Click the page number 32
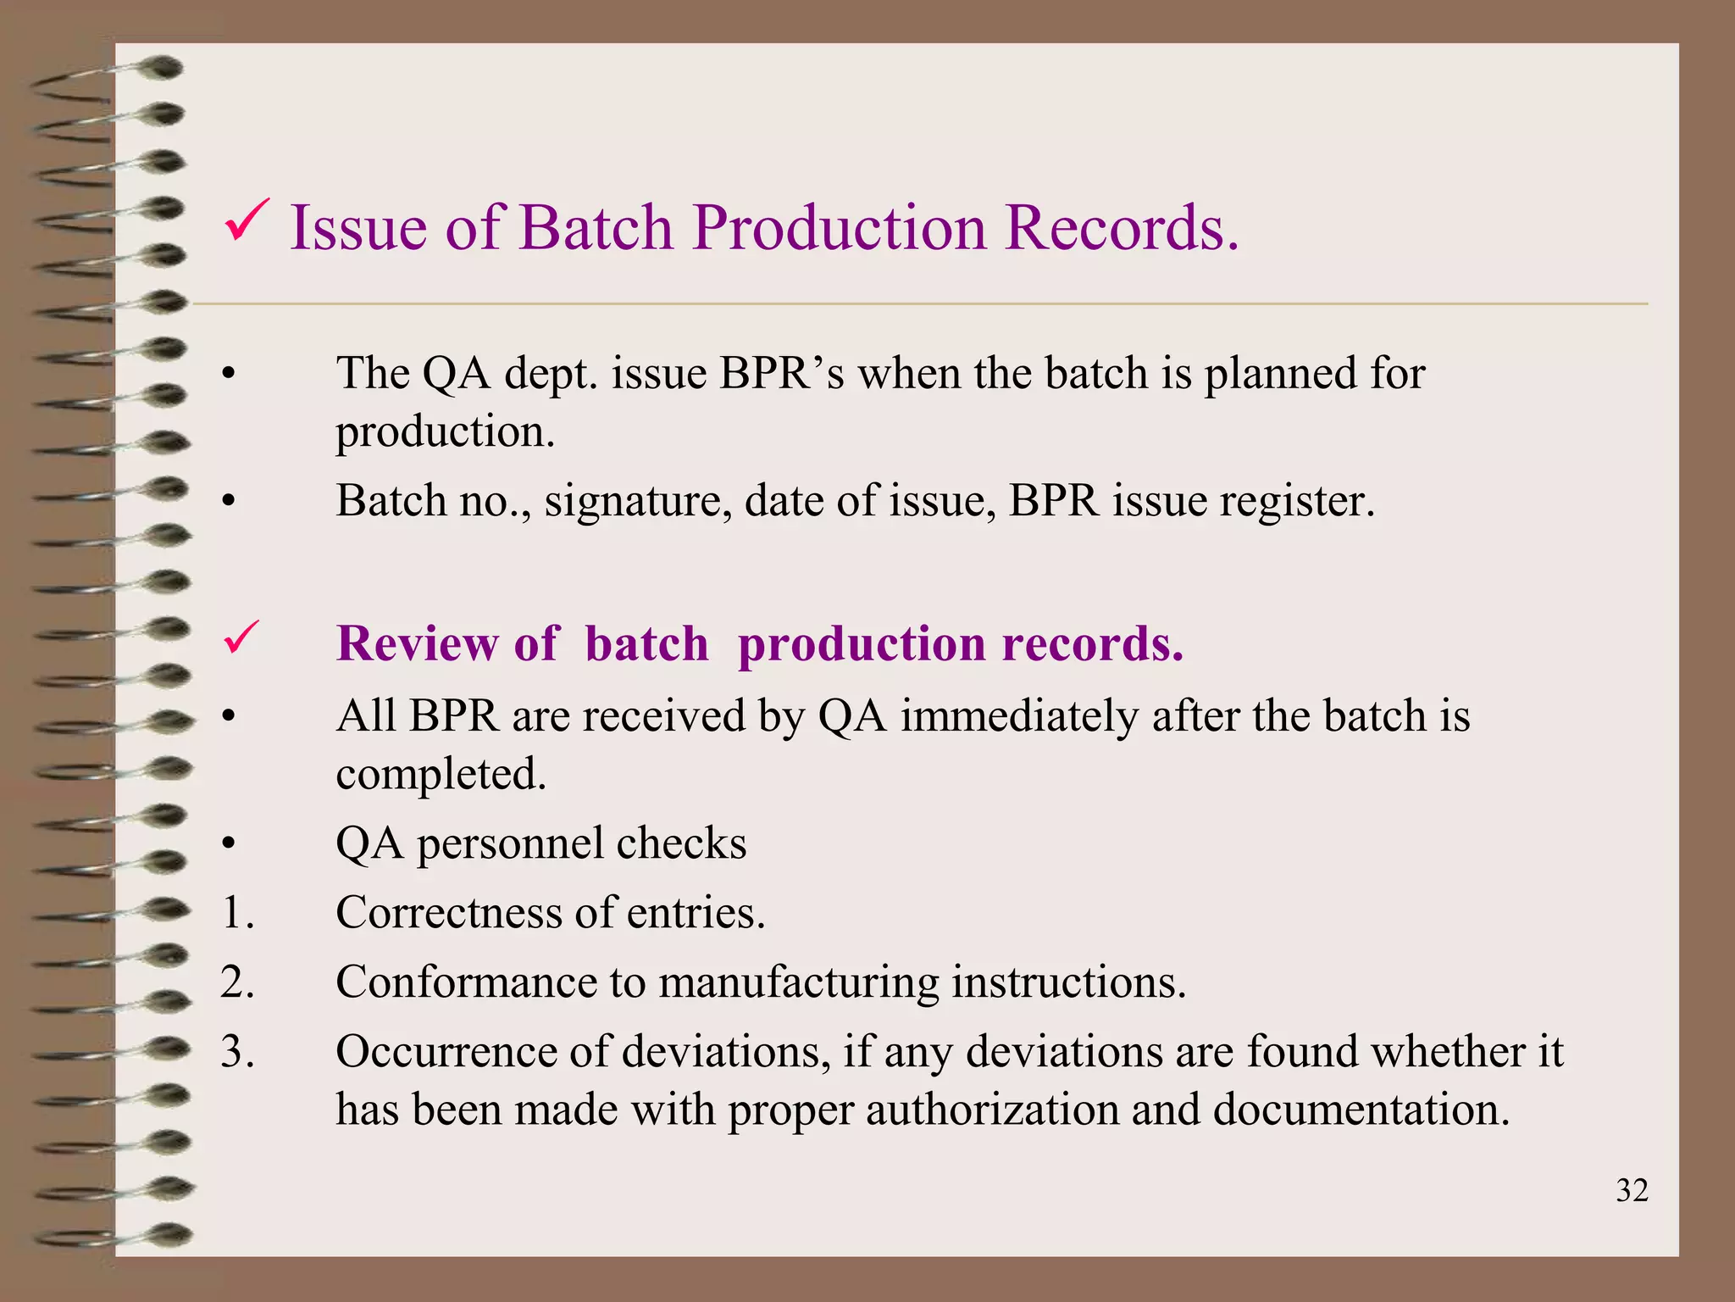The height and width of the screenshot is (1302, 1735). click(1632, 1191)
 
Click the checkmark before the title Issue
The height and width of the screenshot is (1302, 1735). click(247, 222)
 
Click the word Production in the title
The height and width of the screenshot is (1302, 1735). click(839, 228)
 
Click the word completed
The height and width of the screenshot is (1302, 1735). click(441, 775)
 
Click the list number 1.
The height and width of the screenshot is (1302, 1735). click(237, 913)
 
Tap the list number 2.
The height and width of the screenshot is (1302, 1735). click(237, 982)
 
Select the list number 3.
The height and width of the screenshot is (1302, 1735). click(237, 1052)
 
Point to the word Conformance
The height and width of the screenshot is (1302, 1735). click(466, 982)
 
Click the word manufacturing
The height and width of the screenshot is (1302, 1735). click(799, 982)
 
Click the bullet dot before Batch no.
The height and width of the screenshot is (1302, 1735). click(227, 503)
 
